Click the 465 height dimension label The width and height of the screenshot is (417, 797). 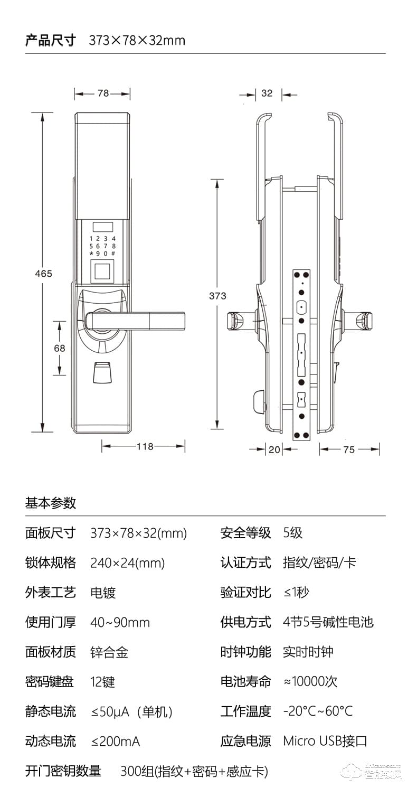coord(43,273)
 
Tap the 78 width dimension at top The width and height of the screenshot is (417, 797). coord(103,93)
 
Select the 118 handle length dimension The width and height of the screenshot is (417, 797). coord(145,446)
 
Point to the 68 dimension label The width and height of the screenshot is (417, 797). coord(59,348)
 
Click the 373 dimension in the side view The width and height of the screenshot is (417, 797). coord(217,296)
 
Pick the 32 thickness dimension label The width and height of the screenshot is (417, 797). coord(267,93)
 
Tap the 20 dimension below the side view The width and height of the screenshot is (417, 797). coord(274,449)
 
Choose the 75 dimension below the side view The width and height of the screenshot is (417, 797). coord(349,449)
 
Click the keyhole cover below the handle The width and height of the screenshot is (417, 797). coord(102,372)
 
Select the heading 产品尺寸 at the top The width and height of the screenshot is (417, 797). coord(51,40)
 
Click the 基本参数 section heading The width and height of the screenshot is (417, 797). coord(51,503)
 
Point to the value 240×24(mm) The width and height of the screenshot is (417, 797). coord(128,563)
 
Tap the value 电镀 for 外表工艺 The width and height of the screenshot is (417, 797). coord(103,593)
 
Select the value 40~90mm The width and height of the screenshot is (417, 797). coord(120,623)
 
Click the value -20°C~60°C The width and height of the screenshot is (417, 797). coord(318,711)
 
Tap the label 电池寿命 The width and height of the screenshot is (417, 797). coord(245,682)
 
